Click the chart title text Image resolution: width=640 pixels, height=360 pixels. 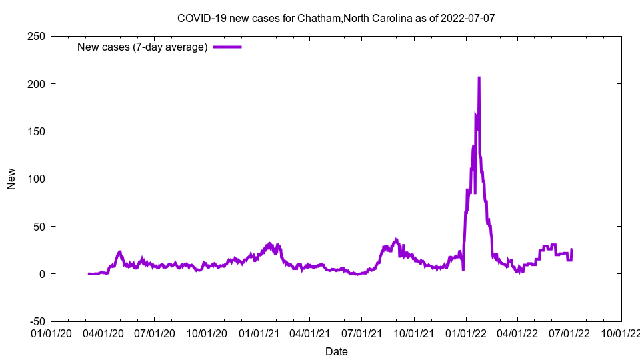[336, 18]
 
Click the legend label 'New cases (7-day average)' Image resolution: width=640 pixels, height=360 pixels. [142, 47]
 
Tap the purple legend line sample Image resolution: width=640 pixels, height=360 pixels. [227, 47]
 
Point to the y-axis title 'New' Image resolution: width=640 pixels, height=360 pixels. [11, 179]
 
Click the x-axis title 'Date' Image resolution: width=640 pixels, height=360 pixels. [336, 351]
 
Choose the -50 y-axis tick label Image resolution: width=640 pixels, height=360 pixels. [34, 321]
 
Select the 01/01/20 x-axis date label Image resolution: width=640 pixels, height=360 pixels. [51, 331]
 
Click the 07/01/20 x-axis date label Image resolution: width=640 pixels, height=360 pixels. [154, 331]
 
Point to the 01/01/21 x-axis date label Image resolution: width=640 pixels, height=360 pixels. [259, 331]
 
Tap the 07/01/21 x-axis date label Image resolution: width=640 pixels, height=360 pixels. [361, 331]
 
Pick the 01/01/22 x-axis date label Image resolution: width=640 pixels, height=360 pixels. [466, 331]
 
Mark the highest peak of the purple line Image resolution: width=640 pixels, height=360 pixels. [479, 78]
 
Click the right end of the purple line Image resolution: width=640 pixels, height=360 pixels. [571, 250]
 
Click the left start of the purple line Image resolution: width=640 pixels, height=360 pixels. [89, 274]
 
